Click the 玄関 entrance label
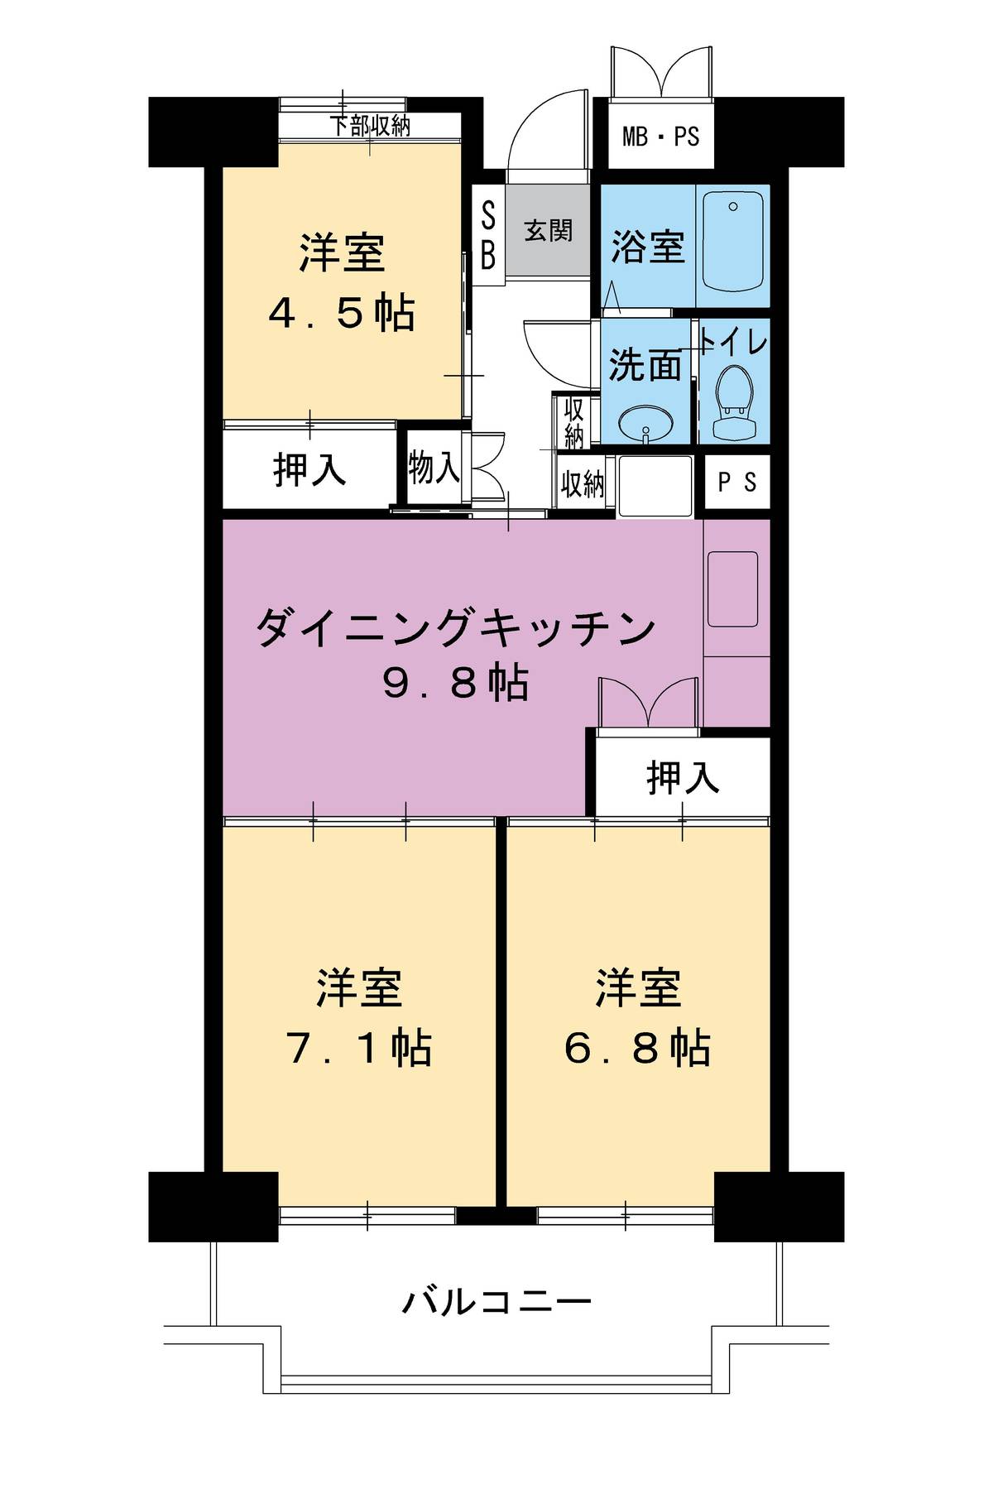548,229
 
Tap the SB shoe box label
488,237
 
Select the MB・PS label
660,136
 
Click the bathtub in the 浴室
732,245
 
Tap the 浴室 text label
647,246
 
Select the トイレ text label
734,342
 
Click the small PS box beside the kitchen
736,482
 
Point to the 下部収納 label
370,127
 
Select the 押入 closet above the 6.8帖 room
682,777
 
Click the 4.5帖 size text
342,314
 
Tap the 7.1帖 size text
358,1049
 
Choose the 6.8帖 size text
637,1049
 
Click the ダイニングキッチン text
454,628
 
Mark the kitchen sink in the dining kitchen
732,588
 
